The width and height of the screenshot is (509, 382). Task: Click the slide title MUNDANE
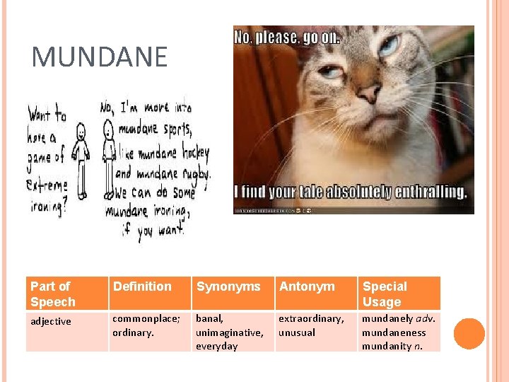[100, 57]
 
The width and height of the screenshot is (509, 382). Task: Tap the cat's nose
[369, 93]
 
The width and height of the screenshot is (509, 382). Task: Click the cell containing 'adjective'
[50, 321]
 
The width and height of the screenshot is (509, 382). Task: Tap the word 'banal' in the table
[209, 318]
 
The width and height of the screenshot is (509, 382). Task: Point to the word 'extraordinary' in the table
[310, 318]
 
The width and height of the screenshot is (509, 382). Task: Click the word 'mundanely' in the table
[387, 318]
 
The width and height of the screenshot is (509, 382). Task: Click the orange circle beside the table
[469, 333]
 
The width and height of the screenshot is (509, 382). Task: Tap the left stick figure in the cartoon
[82, 159]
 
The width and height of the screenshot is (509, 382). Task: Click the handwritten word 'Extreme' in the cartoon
[47, 186]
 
